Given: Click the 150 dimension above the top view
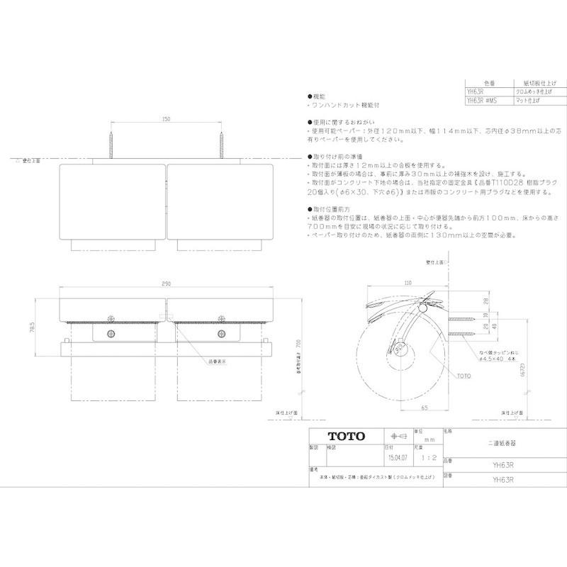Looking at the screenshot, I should click(165, 119).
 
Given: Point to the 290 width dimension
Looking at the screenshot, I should click(165, 284).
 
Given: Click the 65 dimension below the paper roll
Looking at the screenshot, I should click(422, 410).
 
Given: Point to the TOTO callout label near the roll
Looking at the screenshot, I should click(464, 376).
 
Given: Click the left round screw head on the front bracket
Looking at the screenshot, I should click(111, 332).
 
